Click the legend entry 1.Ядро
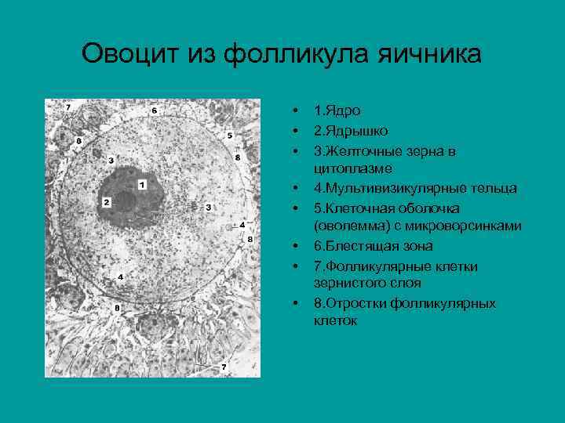point(337,111)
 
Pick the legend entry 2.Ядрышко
point(350,130)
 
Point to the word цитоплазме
point(353,168)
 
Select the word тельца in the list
point(497,188)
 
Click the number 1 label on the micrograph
point(142,185)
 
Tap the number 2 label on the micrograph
point(106,202)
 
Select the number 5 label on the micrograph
point(229,136)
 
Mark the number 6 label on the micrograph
point(154,110)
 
